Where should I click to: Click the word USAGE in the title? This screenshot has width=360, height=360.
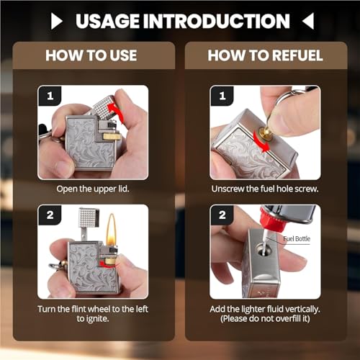point(107,21)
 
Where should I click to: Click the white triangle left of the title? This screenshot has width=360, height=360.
point(57,21)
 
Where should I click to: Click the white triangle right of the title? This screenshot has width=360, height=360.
point(308,21)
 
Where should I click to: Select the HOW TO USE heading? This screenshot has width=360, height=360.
point(91,55)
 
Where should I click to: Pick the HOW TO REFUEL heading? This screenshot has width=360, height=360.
point(265,55)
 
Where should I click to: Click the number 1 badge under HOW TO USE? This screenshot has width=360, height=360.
point(50,96)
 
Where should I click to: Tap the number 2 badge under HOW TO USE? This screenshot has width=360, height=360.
point(50,215)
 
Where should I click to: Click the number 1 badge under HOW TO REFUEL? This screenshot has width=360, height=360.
point(222,96)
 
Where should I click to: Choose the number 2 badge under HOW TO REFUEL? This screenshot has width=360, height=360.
point(222,215)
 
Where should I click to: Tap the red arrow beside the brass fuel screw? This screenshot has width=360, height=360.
point(262,143)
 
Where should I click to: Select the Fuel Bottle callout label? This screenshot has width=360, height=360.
point(297,239)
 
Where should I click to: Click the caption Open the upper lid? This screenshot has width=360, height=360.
point(93,189)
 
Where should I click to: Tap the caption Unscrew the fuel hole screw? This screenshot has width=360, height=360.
point(265,189)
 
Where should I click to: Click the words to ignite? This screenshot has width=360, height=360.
point(93,319)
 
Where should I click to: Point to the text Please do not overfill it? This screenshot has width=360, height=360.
point(265,319)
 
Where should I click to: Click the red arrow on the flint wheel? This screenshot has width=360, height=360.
point(105,264)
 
